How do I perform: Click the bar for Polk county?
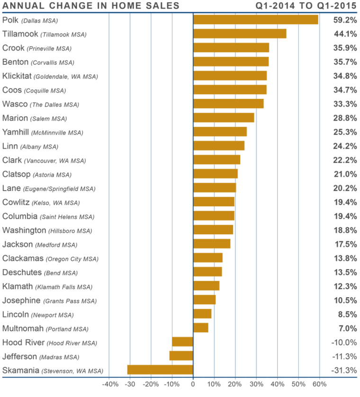(256, 20)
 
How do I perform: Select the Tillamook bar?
(240, 34)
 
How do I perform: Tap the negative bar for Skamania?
(160, 370)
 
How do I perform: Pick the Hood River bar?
(182, 342)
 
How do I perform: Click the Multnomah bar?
(201, 328)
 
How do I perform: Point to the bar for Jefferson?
(181, 356)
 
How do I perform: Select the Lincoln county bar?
(203, 314)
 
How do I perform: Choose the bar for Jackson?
(212, 244)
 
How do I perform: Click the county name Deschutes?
(21, 273)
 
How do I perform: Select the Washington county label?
(24, 230)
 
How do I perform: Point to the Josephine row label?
(21, 300)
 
